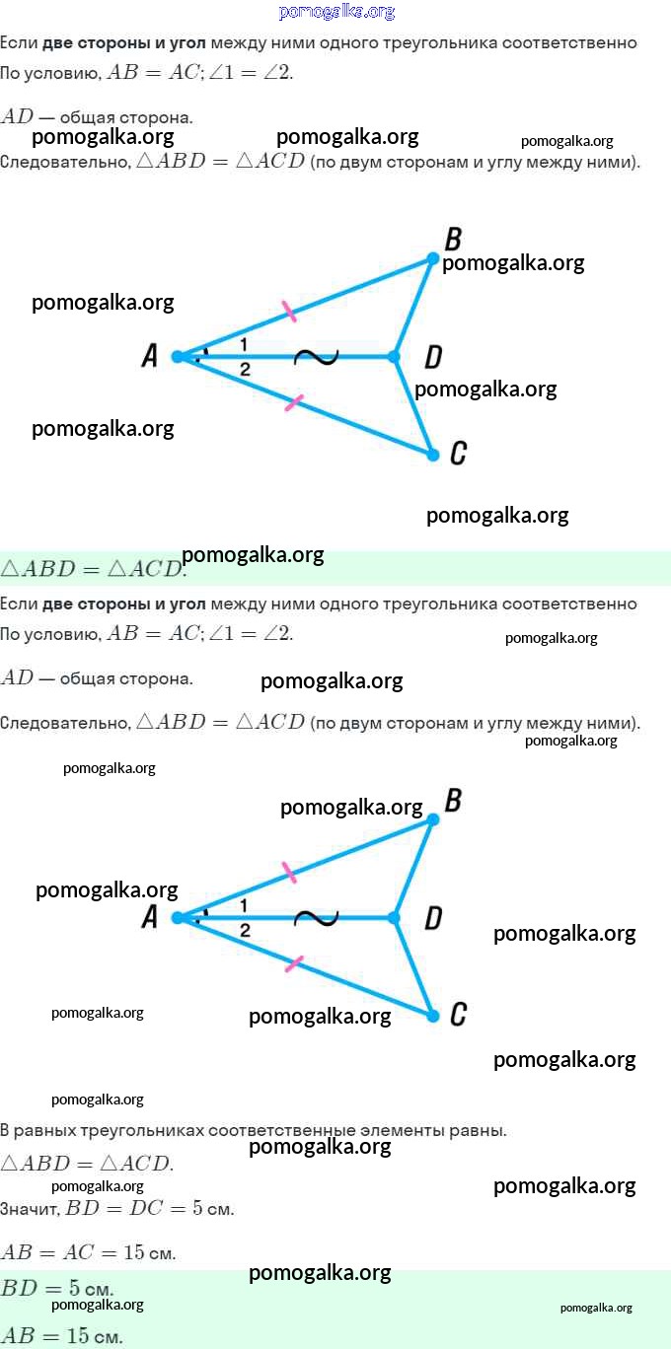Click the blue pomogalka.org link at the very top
click(336, 12)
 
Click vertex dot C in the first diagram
click(433, 455)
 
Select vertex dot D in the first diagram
click(394, 357)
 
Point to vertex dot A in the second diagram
click(178, 918)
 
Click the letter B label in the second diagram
click(453, 801)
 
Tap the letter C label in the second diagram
click(458, 1014)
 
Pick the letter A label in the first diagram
click(150, 355)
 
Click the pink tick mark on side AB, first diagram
click(289, 312)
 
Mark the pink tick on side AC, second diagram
click(293, 963)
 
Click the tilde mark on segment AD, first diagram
click(316, 357)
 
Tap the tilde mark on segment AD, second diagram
click(316, 918)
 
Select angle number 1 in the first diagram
click(243, 344)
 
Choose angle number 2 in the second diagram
click(244, 931)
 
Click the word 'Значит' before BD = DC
click(30, 1209)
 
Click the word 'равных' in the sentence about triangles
click(41, 1130)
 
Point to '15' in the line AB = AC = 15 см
click(134, 1252)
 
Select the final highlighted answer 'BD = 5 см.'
click(56, 1288)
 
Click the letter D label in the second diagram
click(433, 918)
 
